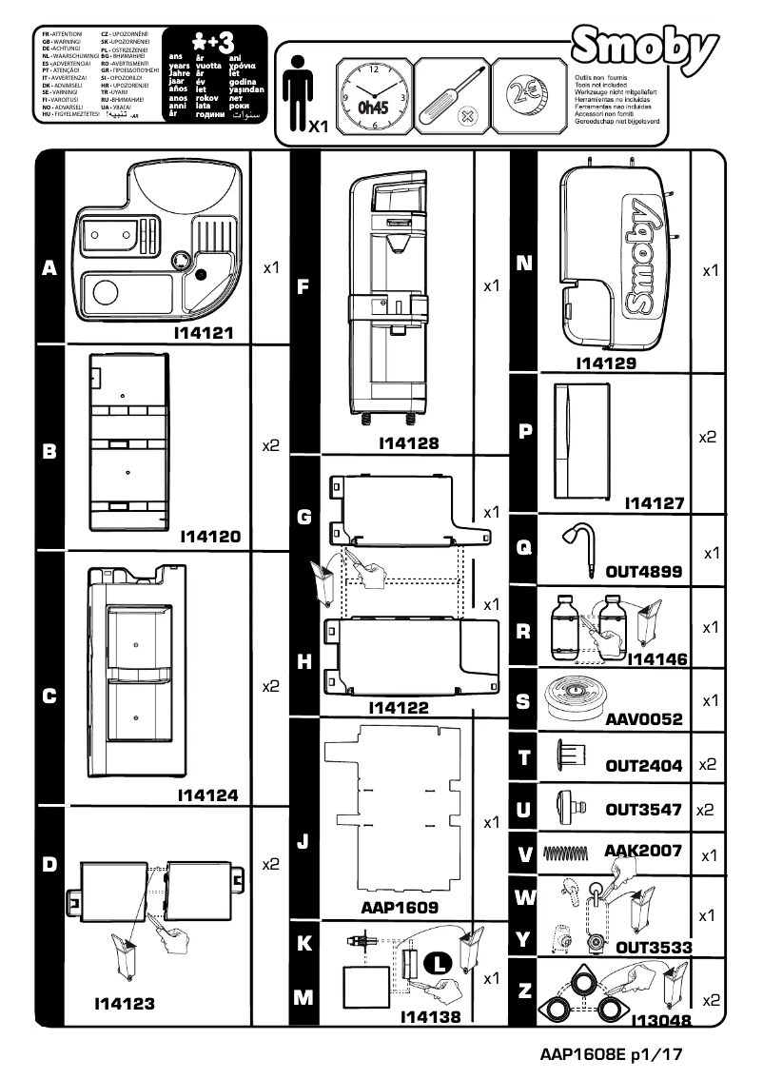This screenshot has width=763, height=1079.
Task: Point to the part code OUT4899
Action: pyautogui.click(x=644, y=572)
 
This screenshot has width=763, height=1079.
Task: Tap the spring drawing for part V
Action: pyautogui.click(x=569, y=853)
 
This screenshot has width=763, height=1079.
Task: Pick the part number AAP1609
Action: pyautogui.click(x=400, y=908)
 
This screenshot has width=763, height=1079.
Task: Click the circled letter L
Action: pyautogui.click(x=438, y=963)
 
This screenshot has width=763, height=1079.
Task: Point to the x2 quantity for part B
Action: pyautogui.click(x=270, y=445)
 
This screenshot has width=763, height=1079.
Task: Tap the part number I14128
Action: pyautogui.click(x=408, y=442)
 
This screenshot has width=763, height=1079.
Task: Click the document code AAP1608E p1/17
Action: pyautogui.click(x=610, y=1055)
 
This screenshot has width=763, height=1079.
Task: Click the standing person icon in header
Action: pyautogui.click(x=298, y=86)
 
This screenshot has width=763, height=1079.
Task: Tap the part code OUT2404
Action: pyautogui.click(x=644, y=765)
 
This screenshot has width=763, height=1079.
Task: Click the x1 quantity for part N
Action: pyautogui.click(x=709, y=271)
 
